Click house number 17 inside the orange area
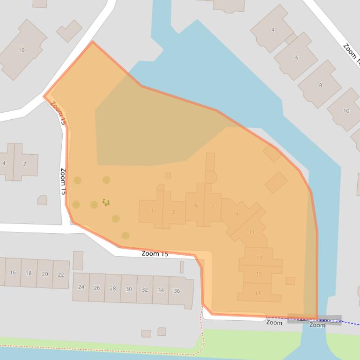[258, 293]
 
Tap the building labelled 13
[259, 258]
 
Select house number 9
[237, 215]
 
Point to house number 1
[152, 211]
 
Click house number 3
[173, 212]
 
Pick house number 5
[196, 206]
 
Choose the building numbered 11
[252, 232]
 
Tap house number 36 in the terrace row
[177, 291]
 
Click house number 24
[81, 287]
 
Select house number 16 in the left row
[13, 273]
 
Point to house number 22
[61, 274]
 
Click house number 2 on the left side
[24, 164]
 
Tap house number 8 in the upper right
[320, 85]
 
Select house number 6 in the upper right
[296, 58]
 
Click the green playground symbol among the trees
[106, 202]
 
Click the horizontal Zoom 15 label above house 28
[154, 254]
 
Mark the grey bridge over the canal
[315, 319]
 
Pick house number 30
[129, 289]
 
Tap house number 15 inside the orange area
[259, 274]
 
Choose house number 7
[212, 206]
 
